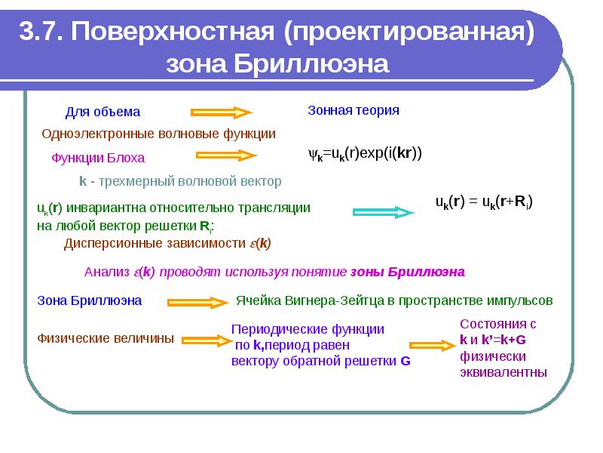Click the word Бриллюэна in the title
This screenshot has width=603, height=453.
(x=311, y=63)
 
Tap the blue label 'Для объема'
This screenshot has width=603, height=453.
(x=103, y=112)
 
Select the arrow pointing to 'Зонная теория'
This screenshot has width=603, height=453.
(x=222, y=112)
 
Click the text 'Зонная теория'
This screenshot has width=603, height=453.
(x=354, y=110)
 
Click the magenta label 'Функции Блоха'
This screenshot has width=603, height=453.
(x=98, y=158)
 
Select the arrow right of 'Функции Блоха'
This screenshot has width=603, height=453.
(x=226, y=156)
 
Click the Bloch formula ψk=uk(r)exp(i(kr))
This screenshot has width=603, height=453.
(x=365, y=154)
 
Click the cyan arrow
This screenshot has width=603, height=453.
(x=383, y=212)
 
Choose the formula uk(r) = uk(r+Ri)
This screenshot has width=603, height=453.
(x=484, y=202)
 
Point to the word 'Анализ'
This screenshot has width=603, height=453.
(x=107, y=272)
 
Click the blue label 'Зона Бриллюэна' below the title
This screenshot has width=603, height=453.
(x=89, y=300)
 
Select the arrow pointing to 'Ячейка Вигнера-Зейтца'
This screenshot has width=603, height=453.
(x=198, y=303)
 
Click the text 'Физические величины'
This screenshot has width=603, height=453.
(x=106, y=338)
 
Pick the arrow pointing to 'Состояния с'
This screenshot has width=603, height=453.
(x=433, y=345)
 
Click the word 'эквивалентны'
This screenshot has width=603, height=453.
(x=504, y=372)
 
